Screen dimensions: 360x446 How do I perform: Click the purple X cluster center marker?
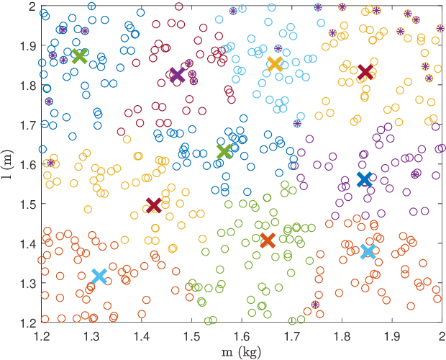[x=176, y=75]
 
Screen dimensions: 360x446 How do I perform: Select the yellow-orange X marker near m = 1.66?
[x=274, y=64]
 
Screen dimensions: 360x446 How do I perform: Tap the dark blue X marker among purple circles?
[x=365, y=179]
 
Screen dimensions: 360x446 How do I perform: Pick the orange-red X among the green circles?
[x=268, y=240]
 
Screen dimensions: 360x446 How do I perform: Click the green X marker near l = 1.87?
[x=80, y=56]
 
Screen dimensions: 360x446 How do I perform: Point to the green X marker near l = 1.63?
[x=224, y=151]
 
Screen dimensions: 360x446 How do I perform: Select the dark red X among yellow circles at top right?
[x=365, y=72]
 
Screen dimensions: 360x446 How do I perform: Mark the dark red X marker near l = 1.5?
[x=153, y=205]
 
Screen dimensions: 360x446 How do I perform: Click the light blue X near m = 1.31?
[x=99, y=276]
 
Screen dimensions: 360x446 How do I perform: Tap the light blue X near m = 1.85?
[x=368, y=251]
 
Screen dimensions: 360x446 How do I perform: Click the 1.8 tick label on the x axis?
[x=342, y=335]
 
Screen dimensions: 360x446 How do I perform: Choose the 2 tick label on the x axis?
[x=442, y=335]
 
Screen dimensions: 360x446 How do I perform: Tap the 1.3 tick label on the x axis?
[x=91, y=335]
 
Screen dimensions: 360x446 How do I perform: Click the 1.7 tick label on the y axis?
[x=27, y=125]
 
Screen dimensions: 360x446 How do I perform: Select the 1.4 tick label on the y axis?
[x=27, y=243]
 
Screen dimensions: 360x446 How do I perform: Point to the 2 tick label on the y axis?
[x=32, y=6]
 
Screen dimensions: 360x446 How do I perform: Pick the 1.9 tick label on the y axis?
[x=27, y=46]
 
